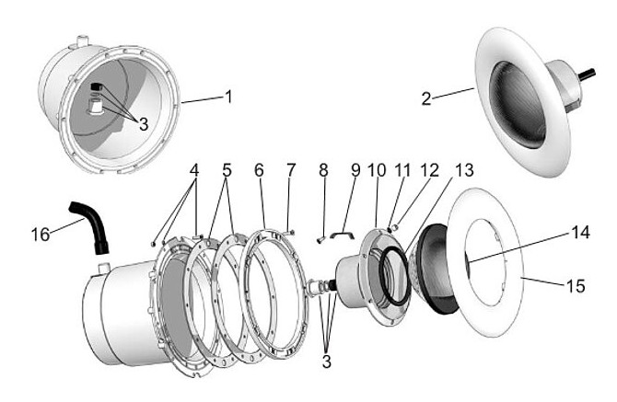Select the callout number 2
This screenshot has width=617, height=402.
(x=426, y=98)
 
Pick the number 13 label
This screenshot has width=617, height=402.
(x=464, y=170)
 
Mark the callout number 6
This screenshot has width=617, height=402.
(x=260, y=170)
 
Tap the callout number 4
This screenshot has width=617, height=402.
(x=194, y=170)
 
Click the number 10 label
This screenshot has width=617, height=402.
(x=378, y=170)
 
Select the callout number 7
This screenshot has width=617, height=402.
(x=290, y=170)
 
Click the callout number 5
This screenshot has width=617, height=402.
(x=226, y=170)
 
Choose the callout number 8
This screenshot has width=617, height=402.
(x=323, y=170)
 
